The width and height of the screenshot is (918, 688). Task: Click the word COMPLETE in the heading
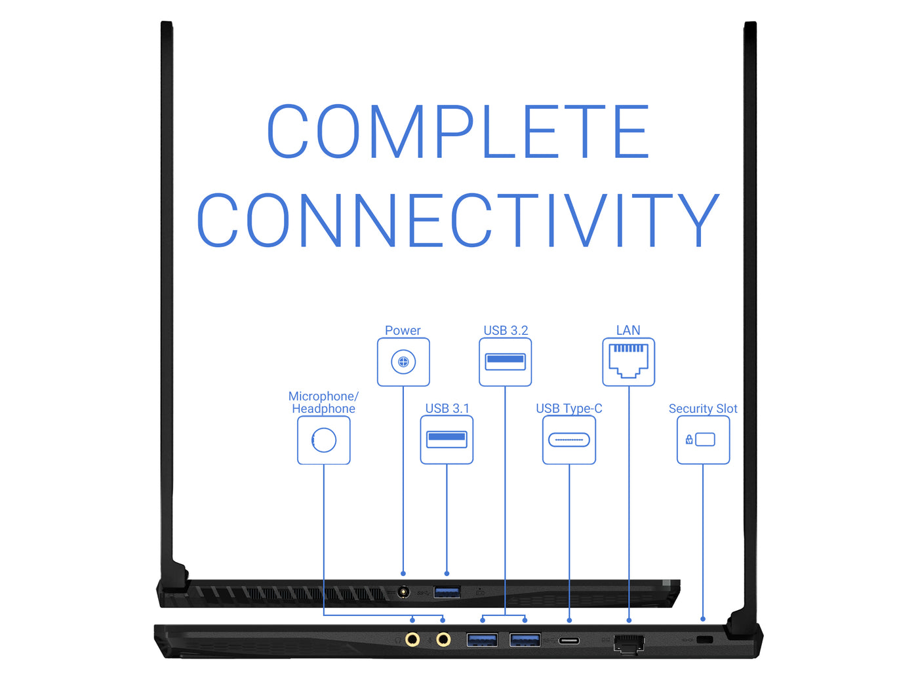tap(458, 131)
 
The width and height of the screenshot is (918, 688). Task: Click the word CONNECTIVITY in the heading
tap(458, 220)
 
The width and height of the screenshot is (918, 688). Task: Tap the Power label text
tap(403, 330)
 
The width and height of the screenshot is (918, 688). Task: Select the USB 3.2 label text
tap(506, 330)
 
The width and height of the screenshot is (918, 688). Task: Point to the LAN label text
tap(628, 330)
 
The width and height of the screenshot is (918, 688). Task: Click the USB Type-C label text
tap(569, 408)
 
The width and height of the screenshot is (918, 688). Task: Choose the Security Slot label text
tap(703, 408)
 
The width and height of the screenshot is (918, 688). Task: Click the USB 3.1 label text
tap(447, 408)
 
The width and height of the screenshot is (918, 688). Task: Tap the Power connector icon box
tap(403, 362)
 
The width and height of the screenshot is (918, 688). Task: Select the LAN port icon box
tap(628, 362)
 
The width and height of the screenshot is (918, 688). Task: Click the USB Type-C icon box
tap(569, 440)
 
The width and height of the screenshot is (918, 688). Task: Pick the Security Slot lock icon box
tap(703, 440)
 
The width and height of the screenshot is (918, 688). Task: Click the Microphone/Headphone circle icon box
tap(324, 440)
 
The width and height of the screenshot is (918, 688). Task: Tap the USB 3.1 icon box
tap(447, 440)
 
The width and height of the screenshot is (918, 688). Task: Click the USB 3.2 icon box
tap(505, 362)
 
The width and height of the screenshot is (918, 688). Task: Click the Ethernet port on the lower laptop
tap(628, 643)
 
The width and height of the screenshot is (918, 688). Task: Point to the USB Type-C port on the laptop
tap(569, 640)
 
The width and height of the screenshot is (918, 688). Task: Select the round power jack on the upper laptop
tap(403, 592)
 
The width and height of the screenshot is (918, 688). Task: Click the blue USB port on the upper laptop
tap(447, 592)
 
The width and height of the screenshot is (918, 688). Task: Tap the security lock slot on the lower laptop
tap(705, 640)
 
